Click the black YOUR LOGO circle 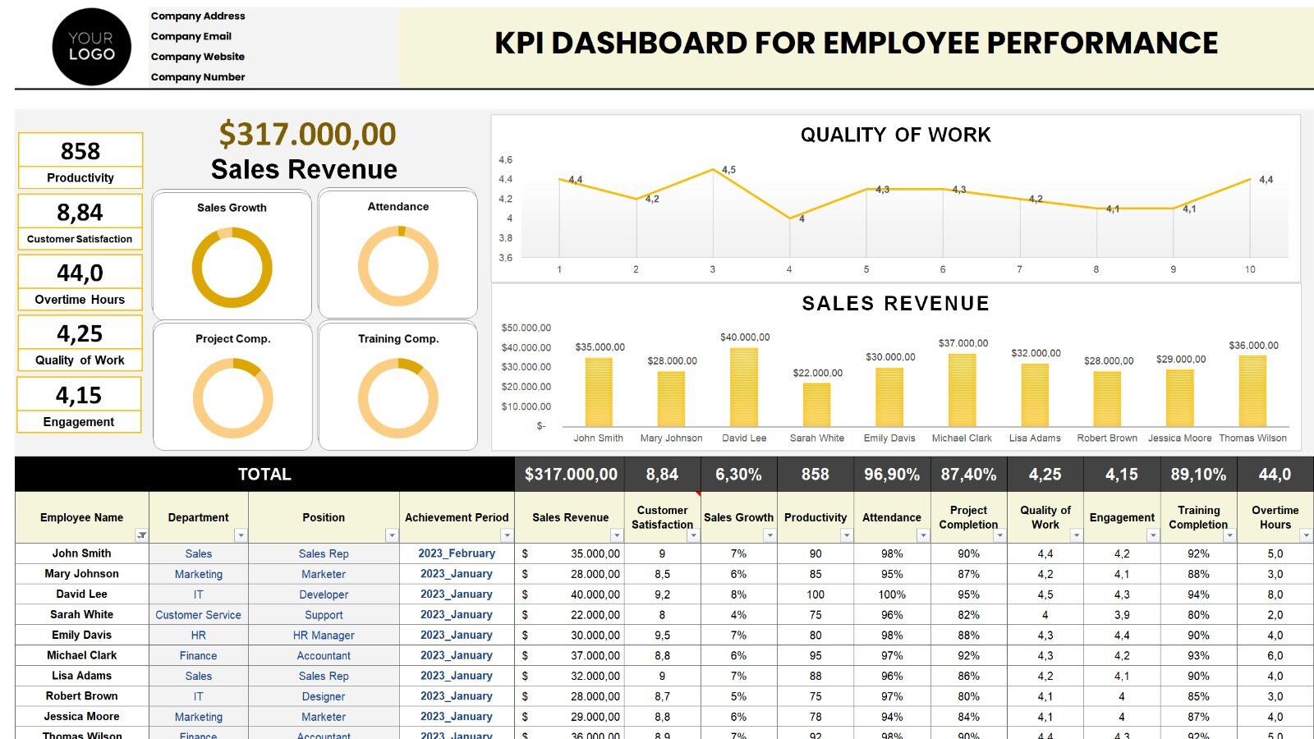click(x=91, y=47)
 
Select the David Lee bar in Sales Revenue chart click(x=744, y=387)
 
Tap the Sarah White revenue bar click(x=816, y=404)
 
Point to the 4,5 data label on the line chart click(x=728, y=170)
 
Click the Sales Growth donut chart click(x=232, y=268)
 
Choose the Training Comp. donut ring click(x=398, y=398)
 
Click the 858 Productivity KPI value click(x=80, y=151)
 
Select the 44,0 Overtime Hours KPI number click(x=80, y=273)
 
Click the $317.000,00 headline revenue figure click(x=307, y=134)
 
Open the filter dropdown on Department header click(x=241, y=535)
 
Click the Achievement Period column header click(x=457, y=517)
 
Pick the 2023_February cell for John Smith click(x=457, y=553)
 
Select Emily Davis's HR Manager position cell click(x=324, y=636)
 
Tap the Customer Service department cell click(x=198, y=615)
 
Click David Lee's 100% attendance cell click(x=892, y=594)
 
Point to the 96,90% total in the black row click(x=892, y=475)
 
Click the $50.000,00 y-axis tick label click(x=526, y=328)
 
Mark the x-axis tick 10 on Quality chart click(x=1250, y=269)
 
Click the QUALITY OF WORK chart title click(x=895, y=135)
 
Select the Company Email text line click(x=191, y=36)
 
